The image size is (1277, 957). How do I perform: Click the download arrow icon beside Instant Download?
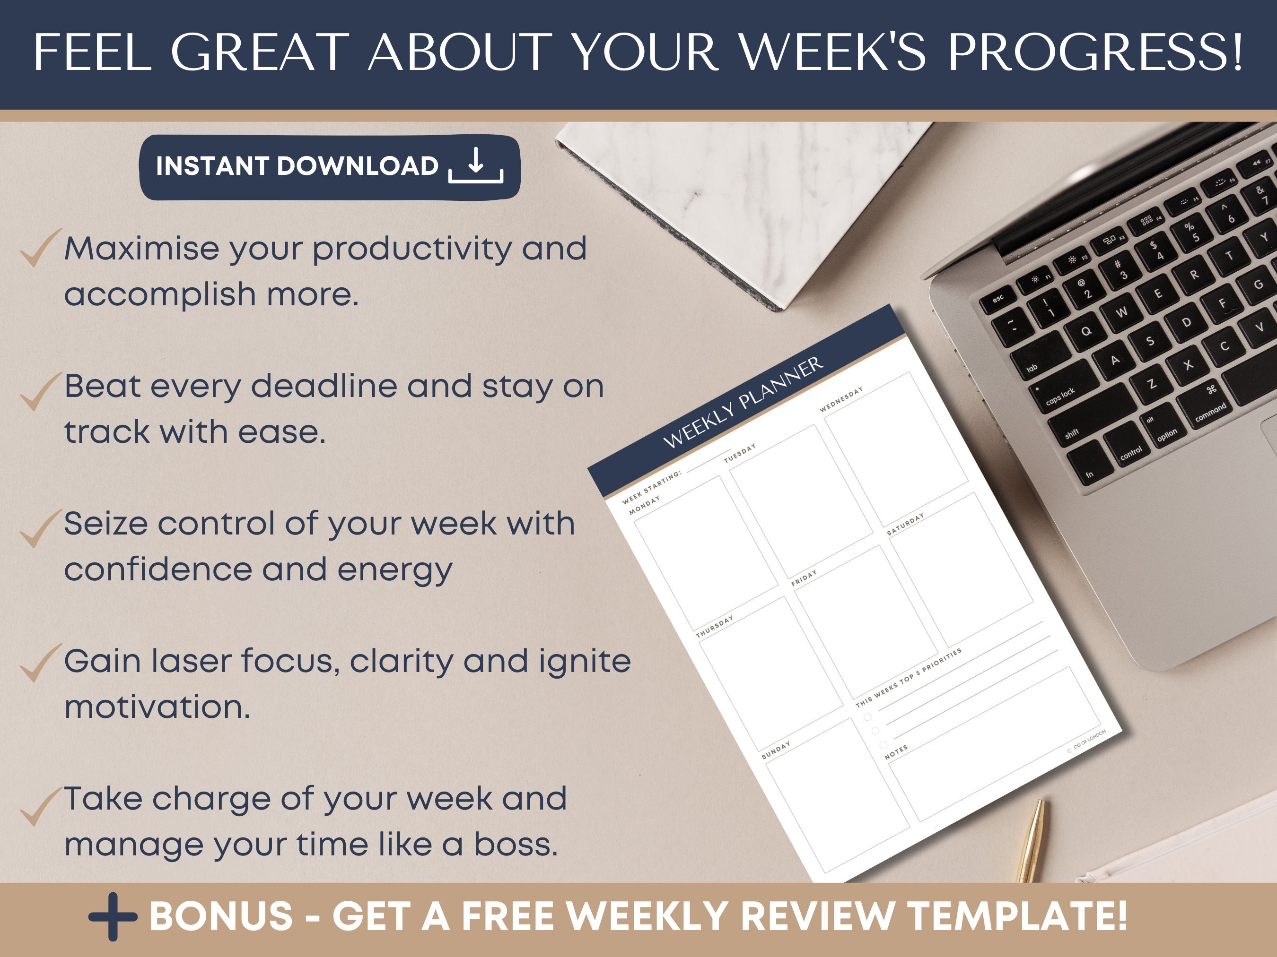coord(476,166)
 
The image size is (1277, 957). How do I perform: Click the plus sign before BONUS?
coord(113,917)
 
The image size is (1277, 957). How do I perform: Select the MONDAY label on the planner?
coord(644,505)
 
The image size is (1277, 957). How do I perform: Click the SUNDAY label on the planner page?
coord(775,750)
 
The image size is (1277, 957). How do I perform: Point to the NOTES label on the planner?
coord(896,751)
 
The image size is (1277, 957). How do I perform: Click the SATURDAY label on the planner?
coord(905,524)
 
